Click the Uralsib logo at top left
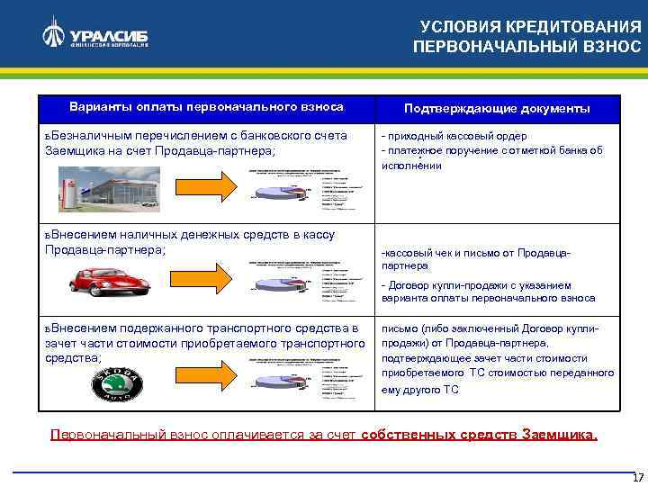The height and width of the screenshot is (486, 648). (x=94, y=36)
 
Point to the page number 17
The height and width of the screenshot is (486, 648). (x=637, y=477)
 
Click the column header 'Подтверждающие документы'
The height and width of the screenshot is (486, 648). (x=497, y=108)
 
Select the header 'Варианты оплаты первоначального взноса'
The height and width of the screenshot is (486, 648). (x=206, y=106)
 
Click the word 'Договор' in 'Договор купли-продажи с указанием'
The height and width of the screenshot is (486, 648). (x=411, y=285)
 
